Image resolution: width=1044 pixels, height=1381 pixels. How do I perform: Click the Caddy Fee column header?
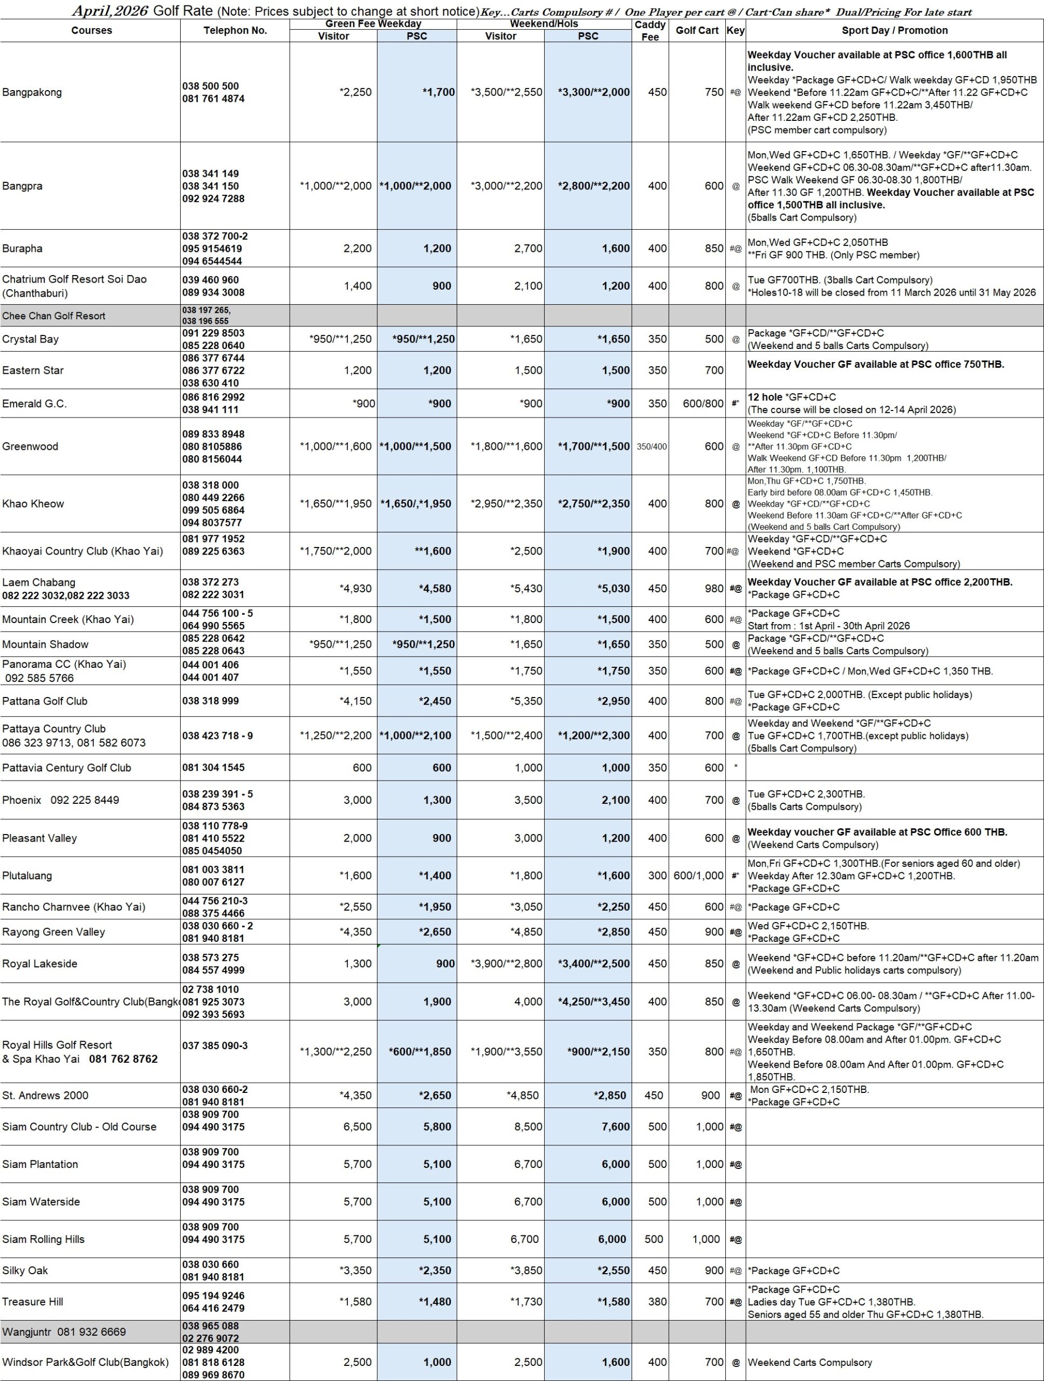coord(650,31)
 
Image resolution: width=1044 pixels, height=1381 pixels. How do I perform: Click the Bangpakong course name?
coord(32,92)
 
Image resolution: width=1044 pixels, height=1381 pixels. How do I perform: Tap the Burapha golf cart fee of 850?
coord(714,249)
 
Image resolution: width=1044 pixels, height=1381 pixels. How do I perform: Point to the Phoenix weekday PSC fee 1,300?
coord(437,800)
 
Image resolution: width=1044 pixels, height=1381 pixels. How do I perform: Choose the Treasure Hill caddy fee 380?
coord(657,1302)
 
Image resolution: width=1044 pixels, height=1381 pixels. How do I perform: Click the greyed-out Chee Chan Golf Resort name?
coord(54,316)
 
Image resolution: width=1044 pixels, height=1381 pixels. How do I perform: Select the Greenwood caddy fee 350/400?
coord(651,446)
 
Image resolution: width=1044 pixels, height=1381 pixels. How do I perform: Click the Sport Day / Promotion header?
coord(894,31)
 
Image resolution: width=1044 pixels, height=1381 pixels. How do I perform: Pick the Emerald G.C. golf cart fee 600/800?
coord(703,404)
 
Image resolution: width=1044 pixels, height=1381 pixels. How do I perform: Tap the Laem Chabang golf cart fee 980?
coord(714,588)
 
